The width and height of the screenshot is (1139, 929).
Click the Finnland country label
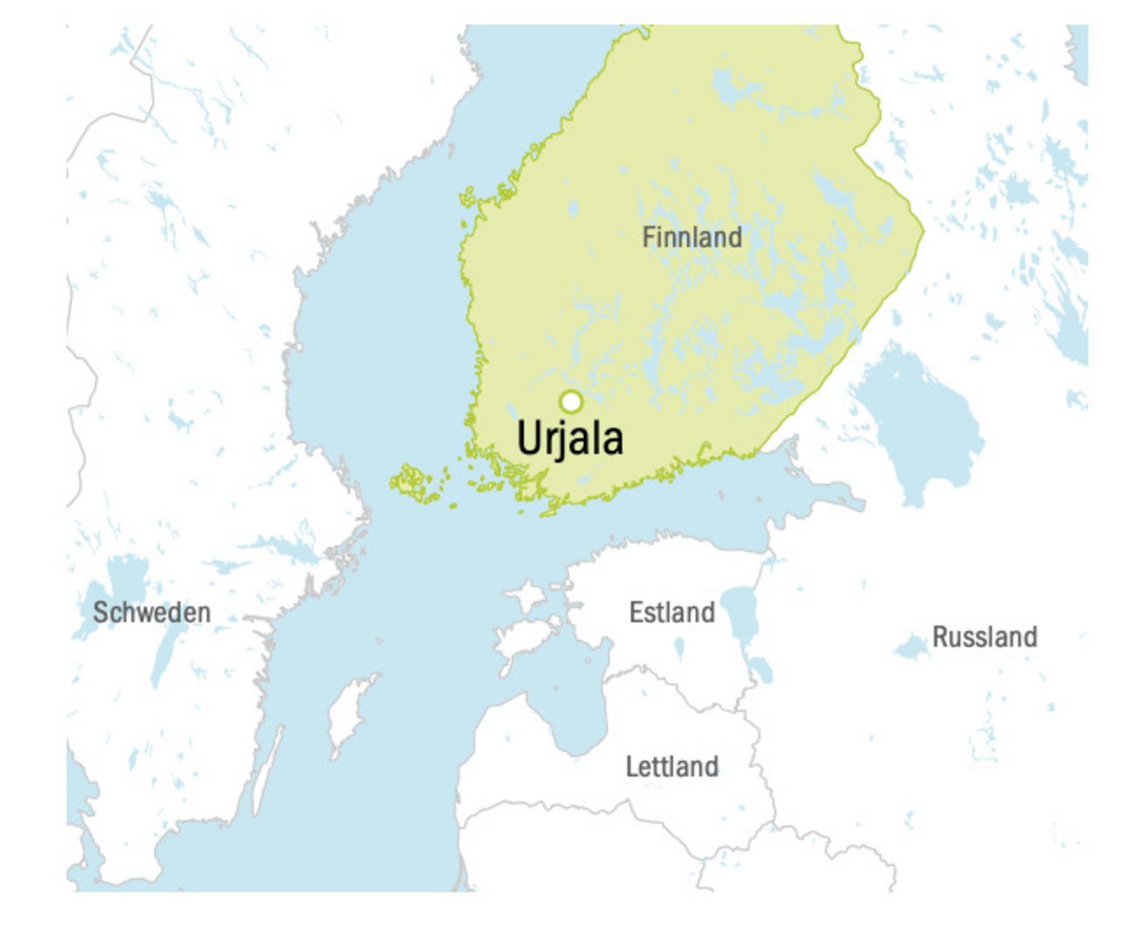pos(692,237)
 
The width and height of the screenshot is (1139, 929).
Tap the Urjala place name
pos(570,438)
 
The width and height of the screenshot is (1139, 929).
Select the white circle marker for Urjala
pos(571,401)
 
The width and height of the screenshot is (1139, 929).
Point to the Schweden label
pos(152,613)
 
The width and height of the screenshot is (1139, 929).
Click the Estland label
pos(672,612)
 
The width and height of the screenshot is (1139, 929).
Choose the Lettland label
pos(672,766)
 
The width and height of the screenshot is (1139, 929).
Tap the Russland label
pos(984,637)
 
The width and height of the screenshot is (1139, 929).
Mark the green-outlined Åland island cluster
pos(413,482)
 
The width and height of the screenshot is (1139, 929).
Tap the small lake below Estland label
pos(679,648)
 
